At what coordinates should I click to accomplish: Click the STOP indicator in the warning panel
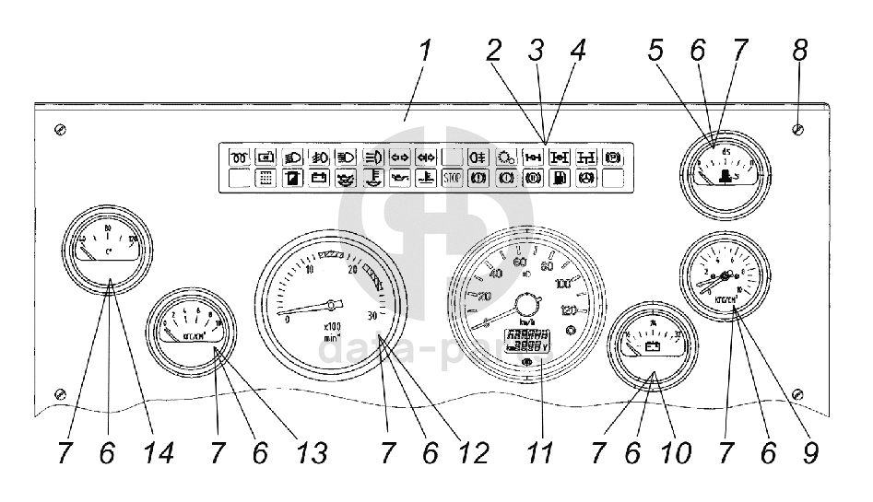(453, 178)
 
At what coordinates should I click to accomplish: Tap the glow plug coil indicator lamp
(240, 156)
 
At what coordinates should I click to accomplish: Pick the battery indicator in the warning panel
(319, 178)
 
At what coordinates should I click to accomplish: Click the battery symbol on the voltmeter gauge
(651, 348)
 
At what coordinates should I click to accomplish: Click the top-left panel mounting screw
(60, 128)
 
